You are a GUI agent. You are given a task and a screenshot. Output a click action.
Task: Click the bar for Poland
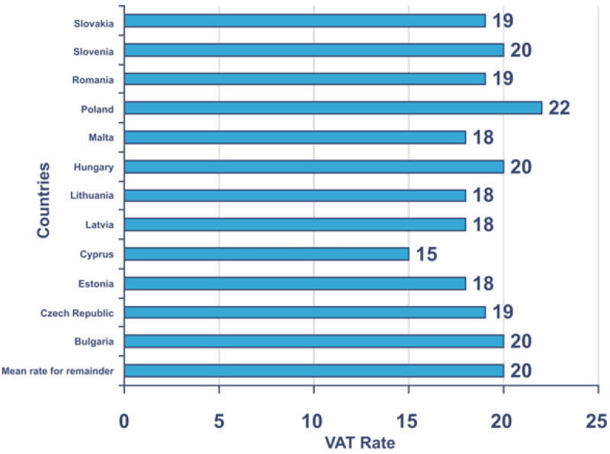tap(332, 107)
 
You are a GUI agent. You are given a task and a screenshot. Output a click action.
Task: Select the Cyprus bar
tap(266, 254)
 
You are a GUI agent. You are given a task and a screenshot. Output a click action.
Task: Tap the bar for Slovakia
tap(304, 21)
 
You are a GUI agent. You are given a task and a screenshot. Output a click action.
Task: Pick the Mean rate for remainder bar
tap(313, 370)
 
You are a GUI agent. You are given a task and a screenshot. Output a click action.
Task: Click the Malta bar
tap(294, 137)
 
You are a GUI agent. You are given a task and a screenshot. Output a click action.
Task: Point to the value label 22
tap(559, 107)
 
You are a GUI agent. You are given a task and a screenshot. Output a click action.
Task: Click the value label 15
tap(426, 254)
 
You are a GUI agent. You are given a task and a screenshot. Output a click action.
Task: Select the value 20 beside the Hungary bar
tap(521, 166)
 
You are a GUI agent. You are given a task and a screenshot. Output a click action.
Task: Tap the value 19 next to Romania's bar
tap(502, 78)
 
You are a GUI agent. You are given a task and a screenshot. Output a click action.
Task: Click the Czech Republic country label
tap(77, 312)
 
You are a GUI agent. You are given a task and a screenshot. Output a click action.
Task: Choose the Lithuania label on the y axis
tap(91, 196)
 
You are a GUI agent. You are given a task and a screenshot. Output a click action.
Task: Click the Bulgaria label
tap(93, 341)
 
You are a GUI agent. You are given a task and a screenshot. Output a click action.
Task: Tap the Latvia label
tap(98, 225)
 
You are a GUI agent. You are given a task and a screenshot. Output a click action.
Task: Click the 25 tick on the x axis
tap(597, 420)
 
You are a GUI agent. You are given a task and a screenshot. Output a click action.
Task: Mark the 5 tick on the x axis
tap(219, 420)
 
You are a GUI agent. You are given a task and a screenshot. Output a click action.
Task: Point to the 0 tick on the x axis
tap(124, 420)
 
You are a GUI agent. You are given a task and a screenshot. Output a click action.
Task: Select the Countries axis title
tap(43, 200)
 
